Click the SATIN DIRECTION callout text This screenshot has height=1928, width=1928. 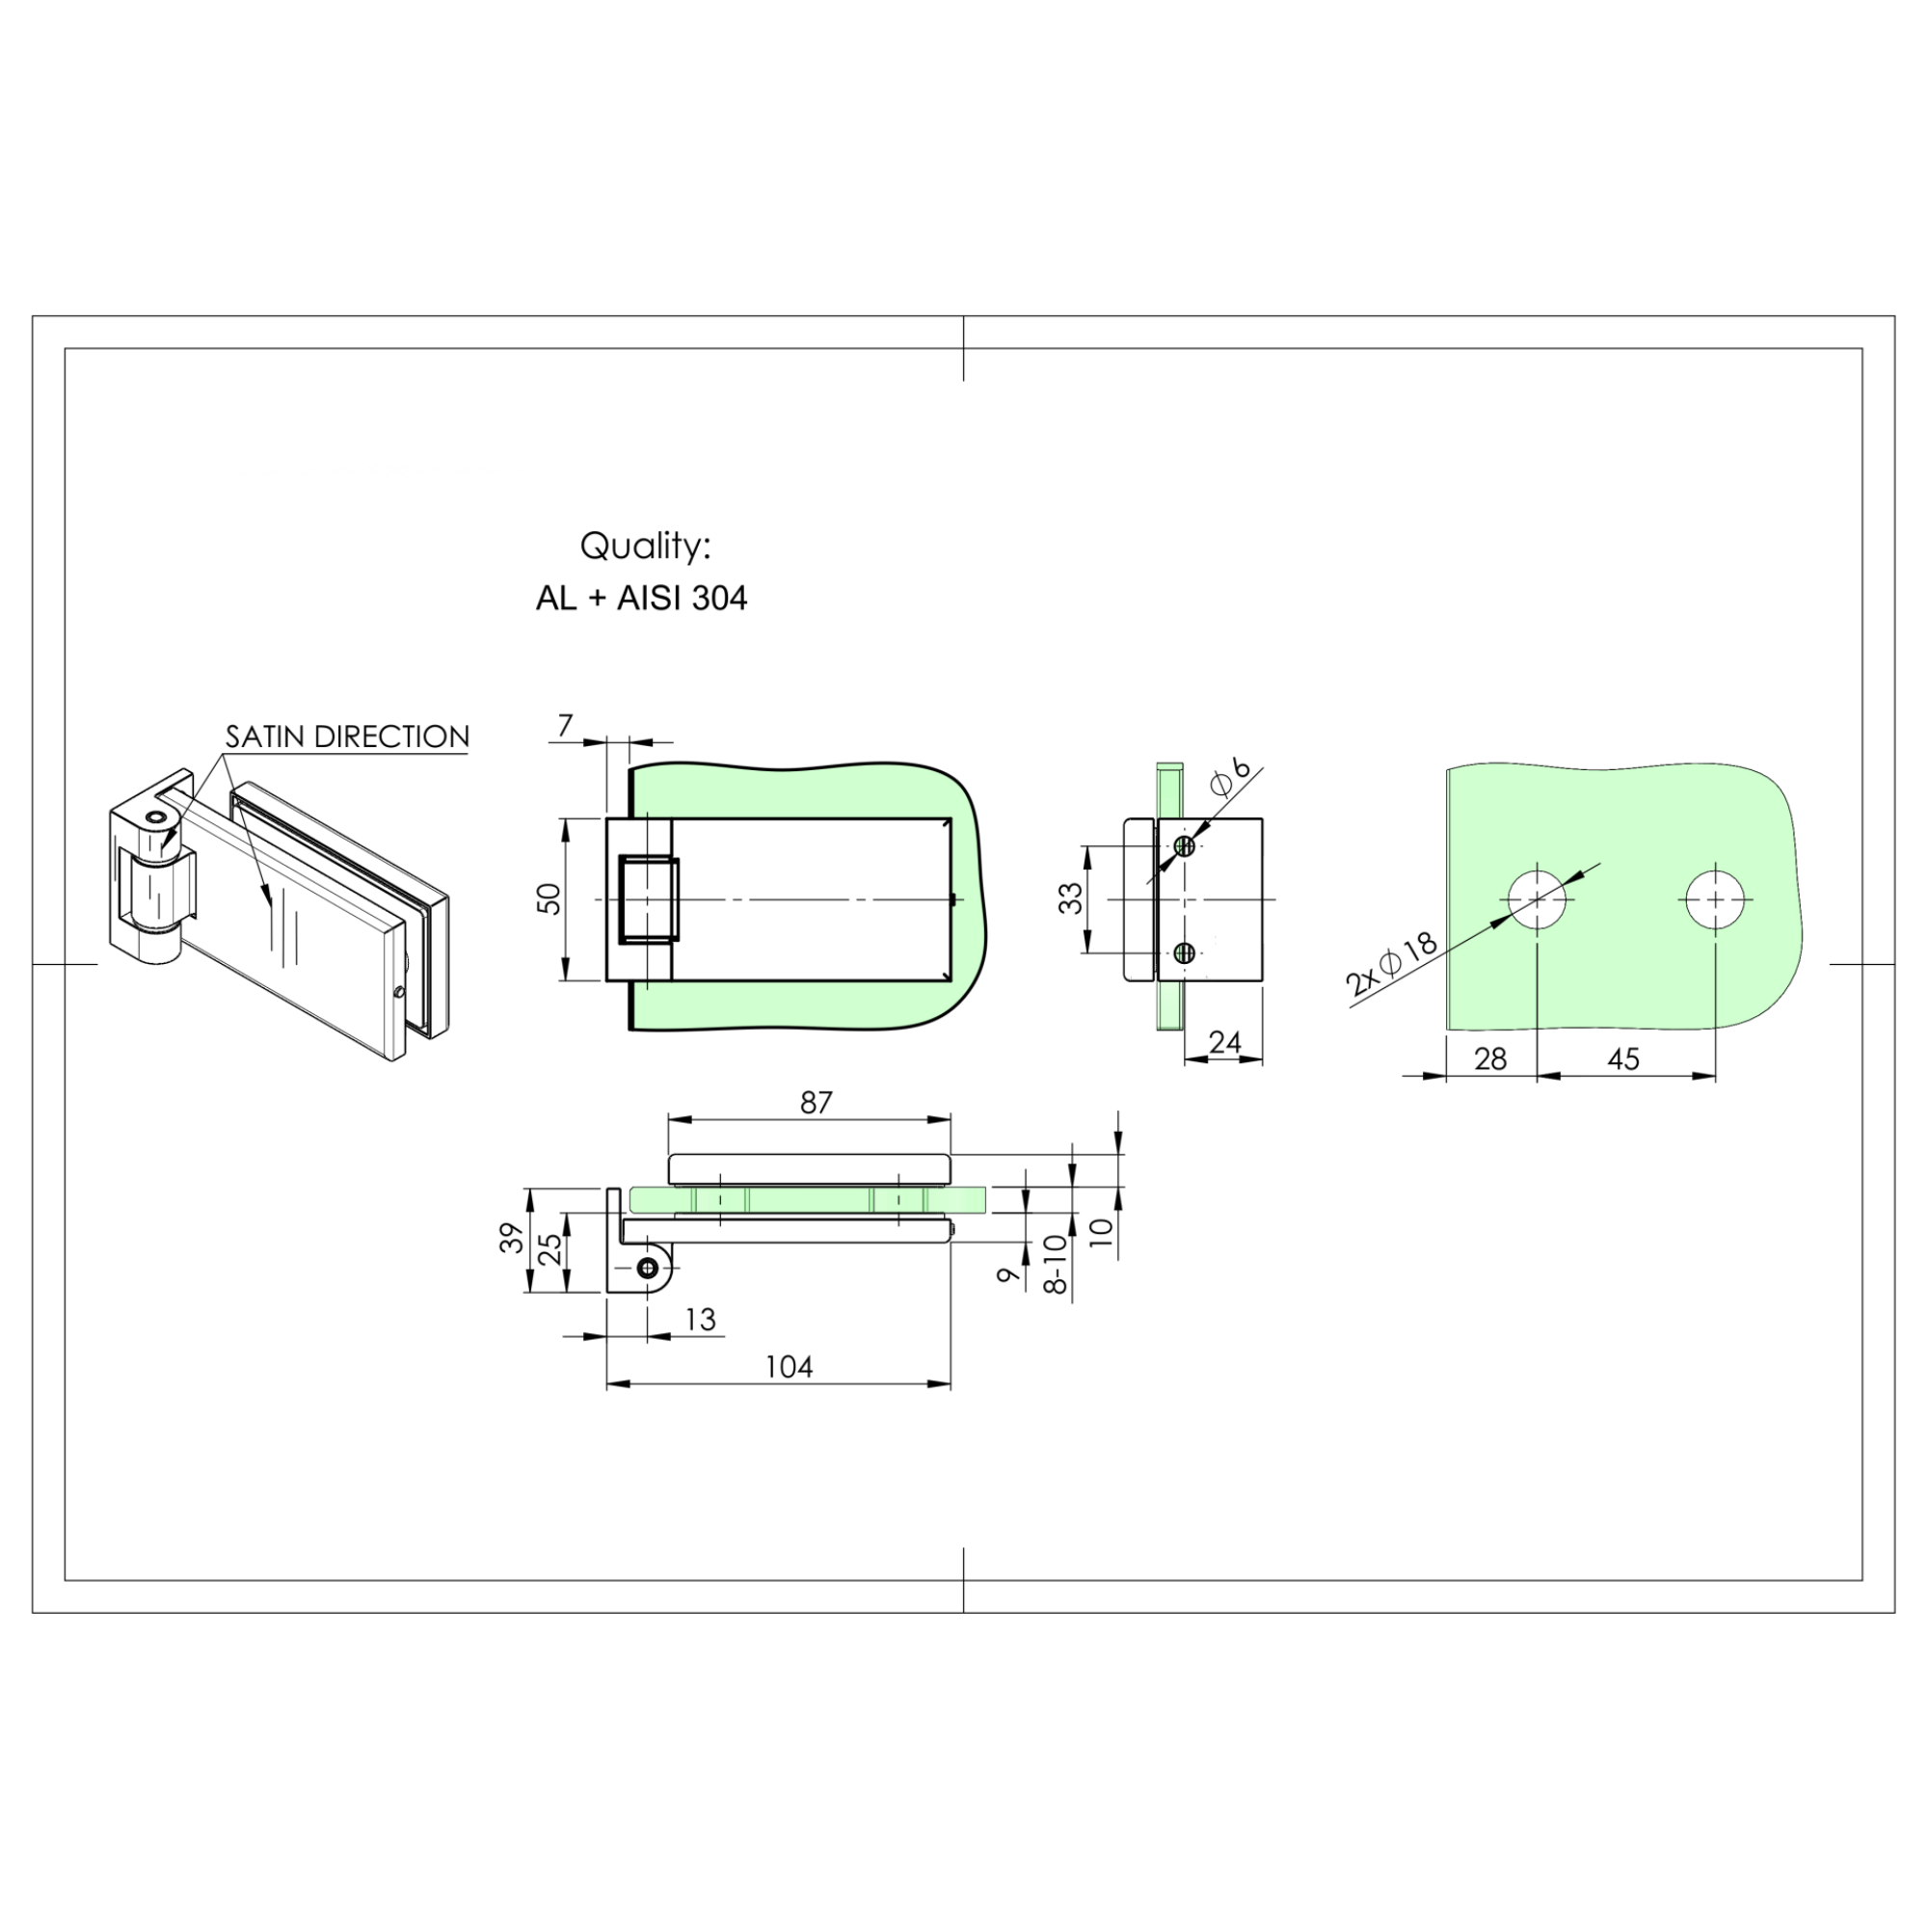coord(347,737)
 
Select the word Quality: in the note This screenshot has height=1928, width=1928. coord(645,546)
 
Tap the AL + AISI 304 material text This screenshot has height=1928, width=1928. coord(642,598)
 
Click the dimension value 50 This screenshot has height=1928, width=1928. coord(549,899)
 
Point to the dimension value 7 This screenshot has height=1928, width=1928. coord(566,726)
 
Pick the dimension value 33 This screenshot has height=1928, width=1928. coord(1071,898)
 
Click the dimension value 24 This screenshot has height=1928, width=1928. coord(1224,1043)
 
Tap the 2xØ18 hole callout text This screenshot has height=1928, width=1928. coord(1390,966)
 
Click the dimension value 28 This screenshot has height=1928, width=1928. coord(1490,1058)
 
